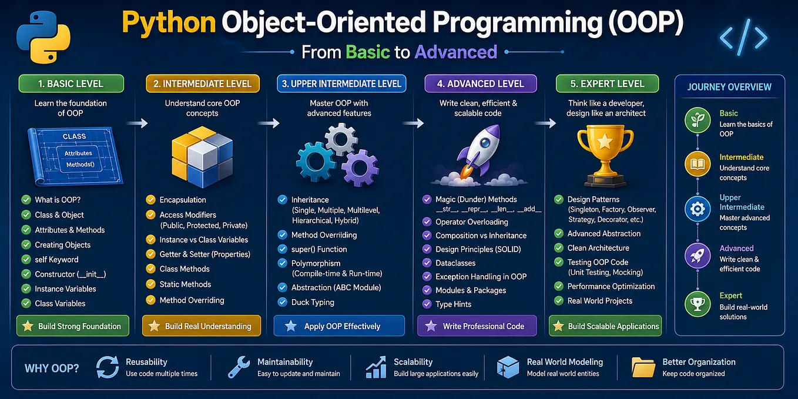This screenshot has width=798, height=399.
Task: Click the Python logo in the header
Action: coord(43,37)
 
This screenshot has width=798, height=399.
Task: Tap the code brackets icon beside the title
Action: coord(743,38)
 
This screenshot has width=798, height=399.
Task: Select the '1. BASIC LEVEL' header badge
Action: coord(71,83)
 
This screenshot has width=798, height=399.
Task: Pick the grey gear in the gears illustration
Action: coord(341,139)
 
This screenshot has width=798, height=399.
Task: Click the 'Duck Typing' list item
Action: coord(313,303)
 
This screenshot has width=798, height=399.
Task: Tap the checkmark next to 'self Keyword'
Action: coord(26,259)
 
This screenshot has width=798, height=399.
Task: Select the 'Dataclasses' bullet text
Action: coord(455,263)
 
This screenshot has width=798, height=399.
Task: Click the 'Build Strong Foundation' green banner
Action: coord(73,326)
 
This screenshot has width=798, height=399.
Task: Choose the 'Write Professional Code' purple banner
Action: coord(477,326)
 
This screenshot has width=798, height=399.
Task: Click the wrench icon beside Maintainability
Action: coord(239,367)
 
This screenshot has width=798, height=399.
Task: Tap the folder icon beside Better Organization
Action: coord(643,367)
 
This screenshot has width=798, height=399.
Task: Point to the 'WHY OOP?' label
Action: coord(52,368)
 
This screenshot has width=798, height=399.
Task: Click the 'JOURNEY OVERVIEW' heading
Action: coord(729,87)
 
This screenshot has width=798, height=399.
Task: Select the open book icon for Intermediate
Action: coord(698,164)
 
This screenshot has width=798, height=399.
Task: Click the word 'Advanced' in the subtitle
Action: coord(455,52)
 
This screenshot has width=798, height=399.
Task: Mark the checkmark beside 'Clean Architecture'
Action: coord(559,248)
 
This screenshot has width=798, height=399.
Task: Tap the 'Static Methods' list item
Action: coord(185,284)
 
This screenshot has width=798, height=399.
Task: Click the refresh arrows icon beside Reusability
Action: coord(107,367)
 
